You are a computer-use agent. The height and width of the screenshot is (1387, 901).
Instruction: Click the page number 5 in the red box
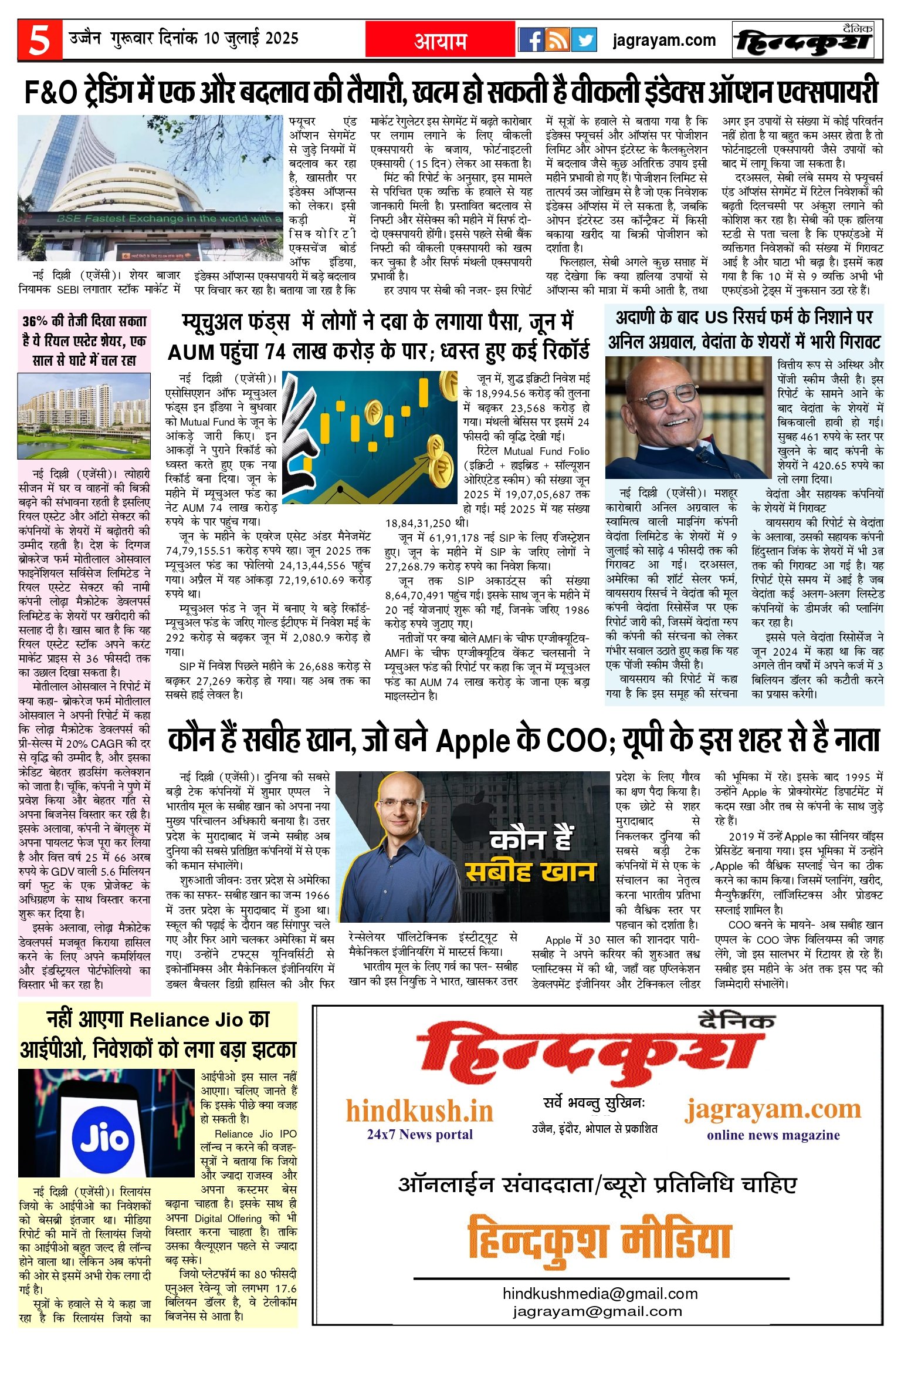pos(39,40)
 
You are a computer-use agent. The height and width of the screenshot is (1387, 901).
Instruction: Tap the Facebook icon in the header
pos(531,40)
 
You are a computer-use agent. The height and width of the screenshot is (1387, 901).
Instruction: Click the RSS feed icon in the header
pos(557,40)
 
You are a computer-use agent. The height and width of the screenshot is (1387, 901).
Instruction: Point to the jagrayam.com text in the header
pos(664,41)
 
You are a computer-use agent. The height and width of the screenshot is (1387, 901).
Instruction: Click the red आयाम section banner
pos(441,40)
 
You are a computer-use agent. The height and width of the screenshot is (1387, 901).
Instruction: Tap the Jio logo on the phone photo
pos(104,1138)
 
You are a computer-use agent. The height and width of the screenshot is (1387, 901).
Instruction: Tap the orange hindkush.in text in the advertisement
pos(419,1110)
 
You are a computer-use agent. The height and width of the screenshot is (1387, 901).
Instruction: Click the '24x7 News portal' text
pos(419,1133)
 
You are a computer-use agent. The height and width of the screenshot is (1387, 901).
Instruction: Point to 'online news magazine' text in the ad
pos(773,1135)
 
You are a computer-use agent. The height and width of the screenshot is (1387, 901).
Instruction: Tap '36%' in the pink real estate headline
pos(35,321)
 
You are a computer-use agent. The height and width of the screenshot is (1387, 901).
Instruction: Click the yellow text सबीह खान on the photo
pos(530,872)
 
